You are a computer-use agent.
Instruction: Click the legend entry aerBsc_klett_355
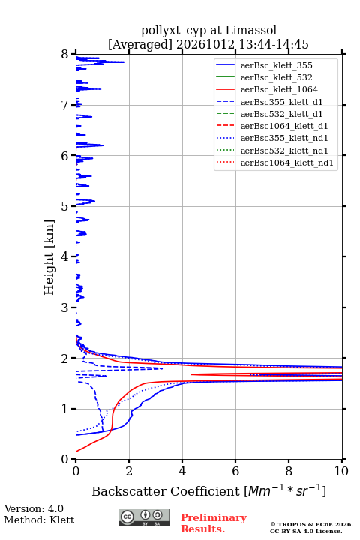pos(276,65)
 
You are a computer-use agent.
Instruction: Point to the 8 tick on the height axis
pos(73,55)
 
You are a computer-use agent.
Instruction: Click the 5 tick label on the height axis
pos(64,207)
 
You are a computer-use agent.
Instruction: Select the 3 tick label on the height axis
pos(64,307)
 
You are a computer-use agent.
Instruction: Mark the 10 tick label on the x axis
pos(341,471)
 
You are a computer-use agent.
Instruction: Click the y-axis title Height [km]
pos(49,257)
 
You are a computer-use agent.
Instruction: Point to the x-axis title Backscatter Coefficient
pos(165,491)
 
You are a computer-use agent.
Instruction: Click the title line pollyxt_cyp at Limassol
pos(208,30)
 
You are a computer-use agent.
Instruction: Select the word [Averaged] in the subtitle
pos(139,44)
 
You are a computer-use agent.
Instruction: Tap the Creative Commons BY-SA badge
pos(144,517)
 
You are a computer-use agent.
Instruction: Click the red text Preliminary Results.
pos(214,523)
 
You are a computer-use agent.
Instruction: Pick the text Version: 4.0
pos(34,508)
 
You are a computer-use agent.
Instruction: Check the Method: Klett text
pos(39,520)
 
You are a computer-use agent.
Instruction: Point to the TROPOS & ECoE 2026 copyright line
pos(311,524)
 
